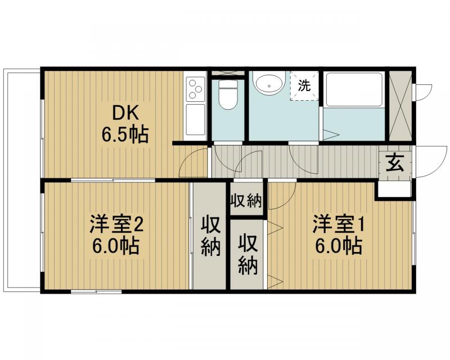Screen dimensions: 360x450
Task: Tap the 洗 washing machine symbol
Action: [x=304, y=86]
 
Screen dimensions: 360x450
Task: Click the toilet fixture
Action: [x=228, y=94]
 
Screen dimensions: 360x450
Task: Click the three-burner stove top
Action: [x=195, y=88]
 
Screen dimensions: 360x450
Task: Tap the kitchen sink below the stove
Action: [x=195, y=119]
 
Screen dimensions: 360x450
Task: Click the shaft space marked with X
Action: [x=400, y=106]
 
